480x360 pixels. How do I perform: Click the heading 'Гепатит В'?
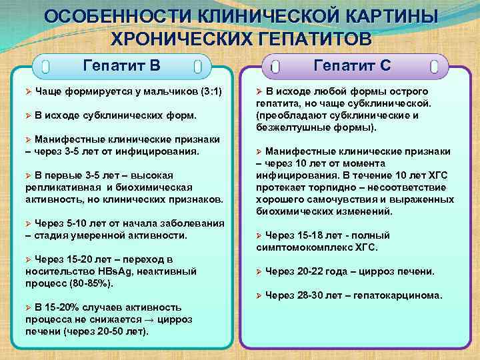click(x=121, y=65)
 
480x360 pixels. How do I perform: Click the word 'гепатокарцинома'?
click(x=399, y=295)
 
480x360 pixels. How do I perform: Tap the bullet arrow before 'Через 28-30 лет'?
click(x=259, y=295)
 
